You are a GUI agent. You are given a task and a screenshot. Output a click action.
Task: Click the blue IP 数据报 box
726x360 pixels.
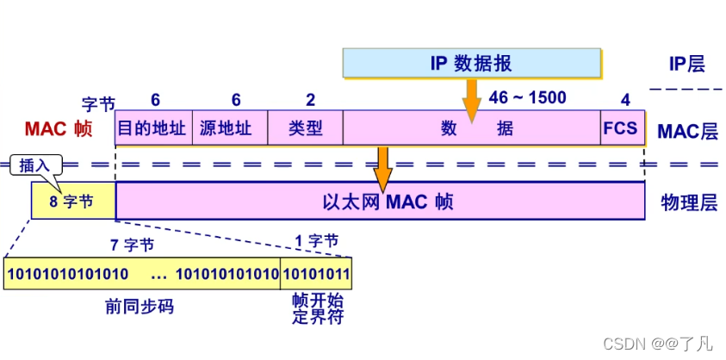point(471,63)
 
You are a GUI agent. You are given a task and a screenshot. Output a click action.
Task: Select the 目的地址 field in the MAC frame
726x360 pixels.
point(152,128)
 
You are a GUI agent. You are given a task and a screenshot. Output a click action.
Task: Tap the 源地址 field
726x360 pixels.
point(229,128)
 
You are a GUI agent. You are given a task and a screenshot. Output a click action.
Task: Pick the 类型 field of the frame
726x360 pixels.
point(305,128)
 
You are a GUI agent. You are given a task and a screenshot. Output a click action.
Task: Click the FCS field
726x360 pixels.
point(620,128)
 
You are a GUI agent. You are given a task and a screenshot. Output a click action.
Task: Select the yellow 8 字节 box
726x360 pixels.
point(73,201)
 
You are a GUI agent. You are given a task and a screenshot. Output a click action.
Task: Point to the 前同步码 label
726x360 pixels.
point(143,306)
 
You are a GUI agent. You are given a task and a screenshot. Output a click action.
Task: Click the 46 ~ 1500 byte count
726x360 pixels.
point(527,97)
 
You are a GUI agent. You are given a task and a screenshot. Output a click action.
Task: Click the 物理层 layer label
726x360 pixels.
point(687,202)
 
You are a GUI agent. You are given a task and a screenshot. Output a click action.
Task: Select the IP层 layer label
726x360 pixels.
point(687,64)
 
